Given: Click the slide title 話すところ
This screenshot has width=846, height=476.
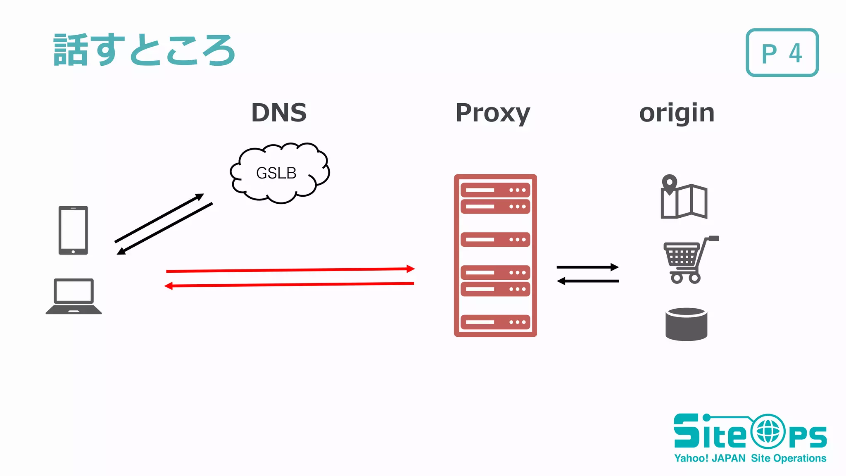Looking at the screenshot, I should click(x=145, y=50).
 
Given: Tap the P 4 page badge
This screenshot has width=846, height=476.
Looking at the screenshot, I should click(x=782, y=53).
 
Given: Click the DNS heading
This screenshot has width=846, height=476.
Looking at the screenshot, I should click(x=279, y=112).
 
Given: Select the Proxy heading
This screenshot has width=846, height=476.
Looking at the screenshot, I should click(x=492, y=113).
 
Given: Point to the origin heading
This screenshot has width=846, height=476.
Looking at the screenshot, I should click(x=677, y=113).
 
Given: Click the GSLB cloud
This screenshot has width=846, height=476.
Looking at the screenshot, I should click(x=279, y=173).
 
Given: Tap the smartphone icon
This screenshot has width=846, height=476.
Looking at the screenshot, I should click(x=73, y=230).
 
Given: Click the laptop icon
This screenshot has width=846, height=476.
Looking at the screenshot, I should click(x=74, y=296).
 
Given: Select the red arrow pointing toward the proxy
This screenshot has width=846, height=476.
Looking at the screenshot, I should click(x=289, y=270).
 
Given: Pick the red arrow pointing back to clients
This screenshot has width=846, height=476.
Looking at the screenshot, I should click(x=289, y=285).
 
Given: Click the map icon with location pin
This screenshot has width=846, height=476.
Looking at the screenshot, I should click(x=684, y=198).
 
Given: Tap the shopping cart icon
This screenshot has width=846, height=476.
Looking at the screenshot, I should click(x=688, y=259).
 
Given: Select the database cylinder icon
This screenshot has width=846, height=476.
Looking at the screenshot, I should click(x=686, y=324).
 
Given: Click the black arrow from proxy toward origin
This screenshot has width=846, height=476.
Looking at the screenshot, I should click(x=587, y=267).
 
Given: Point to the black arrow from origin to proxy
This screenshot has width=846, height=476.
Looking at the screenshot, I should click(x=588, y=281).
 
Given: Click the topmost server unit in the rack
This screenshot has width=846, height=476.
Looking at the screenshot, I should click(x=495, y=190).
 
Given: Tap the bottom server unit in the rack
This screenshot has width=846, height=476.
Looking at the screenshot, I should click(x=495, y=322).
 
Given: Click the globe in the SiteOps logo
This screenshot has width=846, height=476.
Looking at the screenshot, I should click(x=768, y=432).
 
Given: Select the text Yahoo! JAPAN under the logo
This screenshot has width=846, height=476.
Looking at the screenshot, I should click(x=709, y=458).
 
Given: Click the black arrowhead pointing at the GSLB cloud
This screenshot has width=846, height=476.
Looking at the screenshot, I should click(x=200, y=197).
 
